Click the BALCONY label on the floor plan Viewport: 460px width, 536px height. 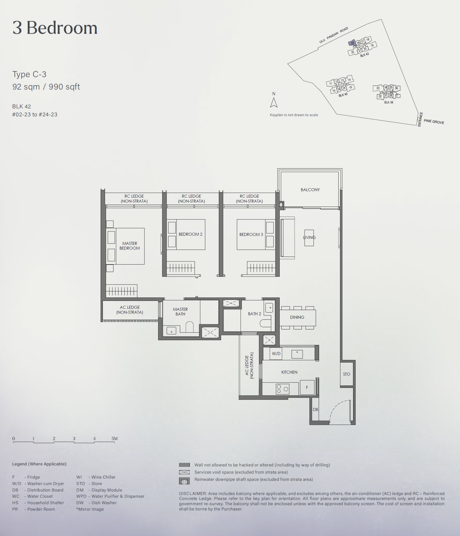pyautogui.click(x=310, y=190)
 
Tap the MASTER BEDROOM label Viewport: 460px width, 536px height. pyautogui.click(x=130, y=246)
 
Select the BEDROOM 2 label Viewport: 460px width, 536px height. pyautogui.click(x=191, y=234)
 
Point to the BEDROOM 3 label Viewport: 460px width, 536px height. pyautogui.click(x=251, y=234)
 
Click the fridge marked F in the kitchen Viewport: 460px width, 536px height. pyautogui.click(x=307, y=387)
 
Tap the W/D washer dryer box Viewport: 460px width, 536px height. pyautogui.click(x=276, y=354)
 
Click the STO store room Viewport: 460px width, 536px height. pyautogui.click(x=347, y=374)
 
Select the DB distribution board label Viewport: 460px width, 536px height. pyautogui.click(x=315, y=410)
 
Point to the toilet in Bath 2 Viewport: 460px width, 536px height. pyautogui.click(x=265, y=323)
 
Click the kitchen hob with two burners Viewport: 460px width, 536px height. pyautogui.click(x=282, y=389)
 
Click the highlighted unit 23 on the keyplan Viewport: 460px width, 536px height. pyautogui.click(x=352, y=43)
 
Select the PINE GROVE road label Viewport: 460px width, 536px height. pyautogui.click(x=434, y=122)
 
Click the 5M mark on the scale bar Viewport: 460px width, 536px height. pyautogui.click(x=114, y=438)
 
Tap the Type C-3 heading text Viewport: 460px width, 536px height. pyautogui.click(x=29, y=74)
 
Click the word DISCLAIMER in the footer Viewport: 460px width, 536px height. pyautogui.click(x=193, y=494)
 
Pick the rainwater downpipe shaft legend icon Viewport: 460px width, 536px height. pyautogui.click(x=184, y=481)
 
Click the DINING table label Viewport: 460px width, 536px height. pyautogui.click(x=297, y=317)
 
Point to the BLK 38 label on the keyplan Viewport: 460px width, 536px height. pyautogui.click(x=388, y=102)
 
